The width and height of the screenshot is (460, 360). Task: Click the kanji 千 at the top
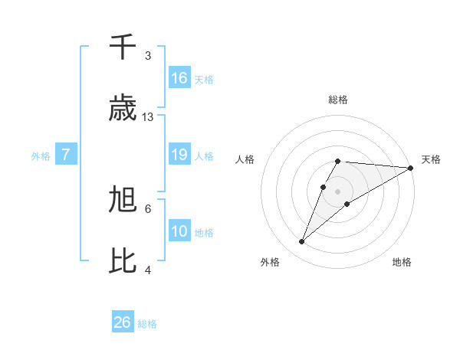point(123,47)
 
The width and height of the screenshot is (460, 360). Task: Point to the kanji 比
point(123,260)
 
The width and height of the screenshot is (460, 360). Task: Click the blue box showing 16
point(179,78)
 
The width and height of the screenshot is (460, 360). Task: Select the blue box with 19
point(179,155)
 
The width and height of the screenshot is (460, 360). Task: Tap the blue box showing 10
point(179,231)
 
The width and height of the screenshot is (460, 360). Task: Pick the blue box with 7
point(66,155)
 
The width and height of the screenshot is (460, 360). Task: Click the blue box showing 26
point(123,322)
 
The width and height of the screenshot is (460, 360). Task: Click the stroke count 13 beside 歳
point(148,117)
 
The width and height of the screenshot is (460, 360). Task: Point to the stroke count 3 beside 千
point(148,56)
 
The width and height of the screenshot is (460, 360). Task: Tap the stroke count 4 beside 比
point(148,270)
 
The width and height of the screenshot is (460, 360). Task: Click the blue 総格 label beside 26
point(147,324)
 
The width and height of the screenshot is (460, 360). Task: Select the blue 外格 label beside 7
point(41,155)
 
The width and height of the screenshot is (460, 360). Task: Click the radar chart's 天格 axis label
point(431,159)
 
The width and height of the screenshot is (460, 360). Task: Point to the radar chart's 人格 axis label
point(245,159)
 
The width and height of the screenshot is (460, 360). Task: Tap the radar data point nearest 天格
point(410,168)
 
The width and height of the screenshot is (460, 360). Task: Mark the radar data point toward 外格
point(302,242)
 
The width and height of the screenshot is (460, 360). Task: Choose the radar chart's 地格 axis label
point(402,262)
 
